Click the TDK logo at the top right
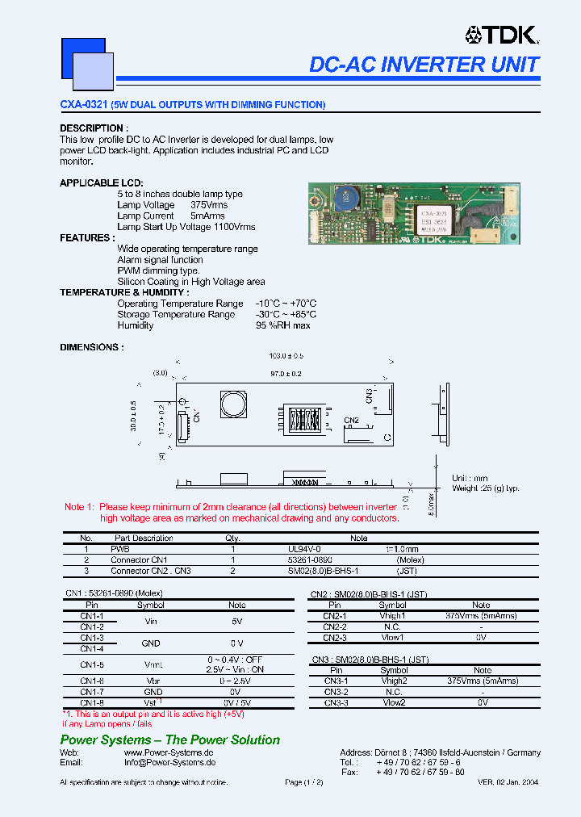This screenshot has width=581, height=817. point(500,35)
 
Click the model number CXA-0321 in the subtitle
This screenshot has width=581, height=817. point(84,105)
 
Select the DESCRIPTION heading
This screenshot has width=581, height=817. point(92,128)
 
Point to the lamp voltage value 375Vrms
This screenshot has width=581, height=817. point(209,205)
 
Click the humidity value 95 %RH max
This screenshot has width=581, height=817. point(282,325)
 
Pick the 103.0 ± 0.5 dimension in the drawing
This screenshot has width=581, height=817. point(286,356)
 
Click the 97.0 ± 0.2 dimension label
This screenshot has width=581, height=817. point(286,374)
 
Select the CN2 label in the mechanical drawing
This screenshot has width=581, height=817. point(351,420)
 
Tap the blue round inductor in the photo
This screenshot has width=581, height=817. point(348,199)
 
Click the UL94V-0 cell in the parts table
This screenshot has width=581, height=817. point(293,548)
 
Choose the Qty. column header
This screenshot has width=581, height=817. point(232,538)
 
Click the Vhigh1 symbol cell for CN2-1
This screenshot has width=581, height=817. point(392,615)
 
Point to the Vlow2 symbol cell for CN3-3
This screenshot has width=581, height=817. point(393,702)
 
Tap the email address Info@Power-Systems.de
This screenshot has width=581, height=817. point(169,761)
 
